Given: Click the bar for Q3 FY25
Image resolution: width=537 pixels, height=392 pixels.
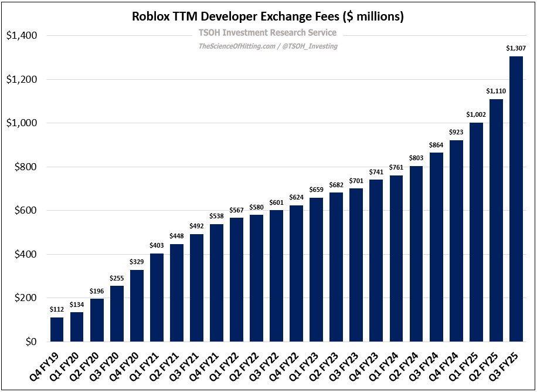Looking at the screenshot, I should click(x=516, y=200).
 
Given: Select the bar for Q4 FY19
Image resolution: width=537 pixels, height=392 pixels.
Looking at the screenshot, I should click(x=57, y=330).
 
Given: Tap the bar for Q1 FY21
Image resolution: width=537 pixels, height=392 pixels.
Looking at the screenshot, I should click(x=157, y=298).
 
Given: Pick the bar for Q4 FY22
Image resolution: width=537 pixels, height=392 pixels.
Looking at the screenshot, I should click(x=297, y=273).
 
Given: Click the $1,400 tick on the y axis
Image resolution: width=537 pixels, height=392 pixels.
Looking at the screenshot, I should click(x=21, y=36).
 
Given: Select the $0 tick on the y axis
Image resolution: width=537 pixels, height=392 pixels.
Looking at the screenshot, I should click(x=29, y=342).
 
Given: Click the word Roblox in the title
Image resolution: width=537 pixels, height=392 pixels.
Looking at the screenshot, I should click(x=152, y=16).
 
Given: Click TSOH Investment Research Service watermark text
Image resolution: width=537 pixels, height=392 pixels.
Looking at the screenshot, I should click(x=267, y=33).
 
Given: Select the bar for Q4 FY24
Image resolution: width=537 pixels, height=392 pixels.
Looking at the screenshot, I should click(x=456, y=241).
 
